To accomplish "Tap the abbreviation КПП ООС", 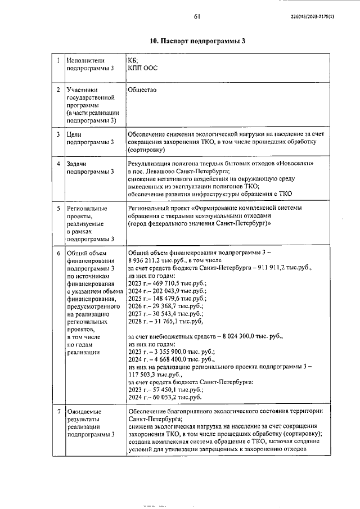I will click(x=143, y=68).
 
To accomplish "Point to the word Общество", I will click(x=142, y=89).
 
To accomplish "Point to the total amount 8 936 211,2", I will click(x=147, y=261).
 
